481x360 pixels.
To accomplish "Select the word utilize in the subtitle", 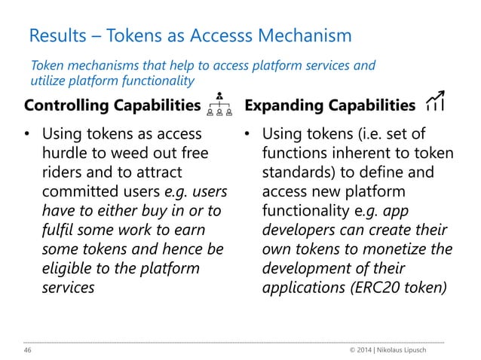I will click(x=49, y=80).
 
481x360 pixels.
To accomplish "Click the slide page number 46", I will click(x=29, y=350).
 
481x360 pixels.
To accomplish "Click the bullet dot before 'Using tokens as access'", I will click(x=28, y=136).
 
